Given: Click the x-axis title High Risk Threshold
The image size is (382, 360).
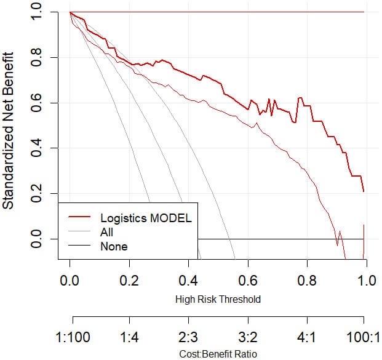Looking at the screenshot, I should point(218,300).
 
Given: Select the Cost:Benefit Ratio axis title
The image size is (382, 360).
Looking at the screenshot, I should point(218,354).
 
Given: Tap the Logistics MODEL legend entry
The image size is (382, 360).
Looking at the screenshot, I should point(146,218).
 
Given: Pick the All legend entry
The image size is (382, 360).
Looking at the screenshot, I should point(106,232).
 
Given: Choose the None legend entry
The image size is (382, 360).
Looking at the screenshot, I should point(113,247).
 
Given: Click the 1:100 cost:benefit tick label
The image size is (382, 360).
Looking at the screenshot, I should point(73,338).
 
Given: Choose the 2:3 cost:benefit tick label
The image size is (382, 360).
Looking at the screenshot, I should point(189,338).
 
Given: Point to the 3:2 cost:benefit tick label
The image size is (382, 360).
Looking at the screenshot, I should point(248,338).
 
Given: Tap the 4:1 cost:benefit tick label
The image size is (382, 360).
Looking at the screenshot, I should point(306,338).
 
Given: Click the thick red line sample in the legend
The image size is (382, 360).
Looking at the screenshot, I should point(79,218).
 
